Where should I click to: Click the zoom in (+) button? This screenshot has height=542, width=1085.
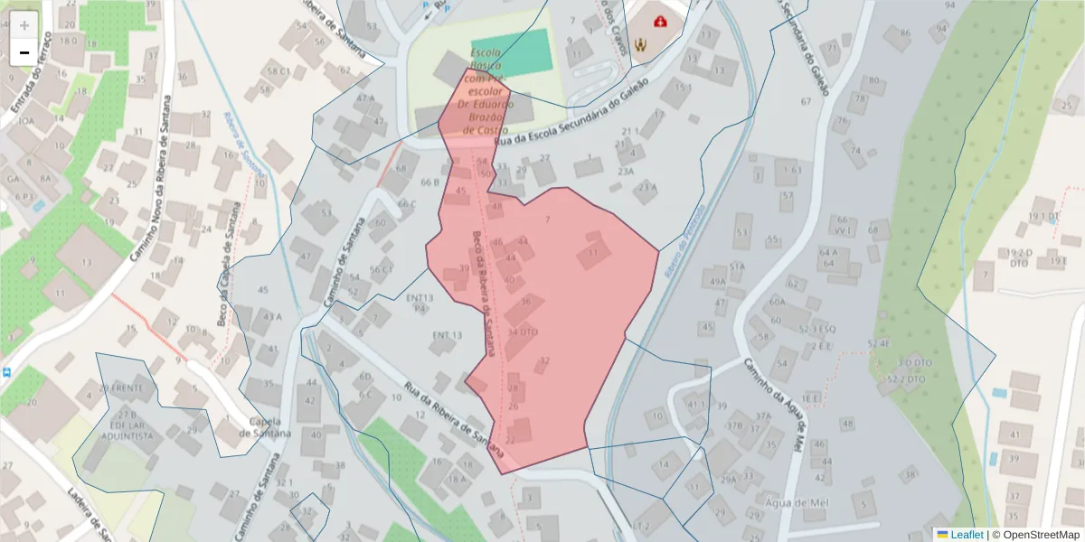point(24,24)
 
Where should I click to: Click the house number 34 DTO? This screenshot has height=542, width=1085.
point(523,332)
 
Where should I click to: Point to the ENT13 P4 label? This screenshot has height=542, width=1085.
point(420,303)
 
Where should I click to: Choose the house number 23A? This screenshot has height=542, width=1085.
point(626,170)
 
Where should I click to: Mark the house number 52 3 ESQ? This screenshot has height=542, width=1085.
point(816,328)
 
